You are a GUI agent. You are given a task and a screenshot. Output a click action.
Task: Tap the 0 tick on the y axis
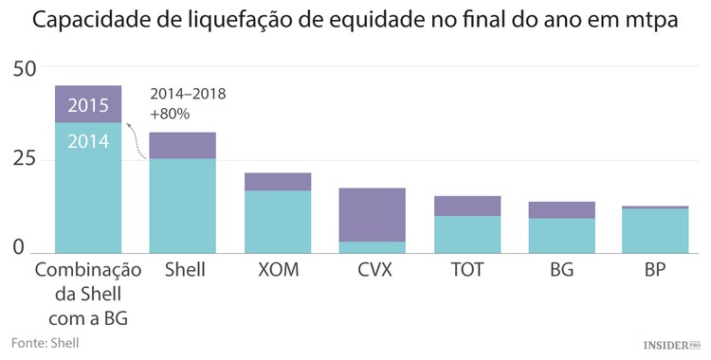tap(18, 247)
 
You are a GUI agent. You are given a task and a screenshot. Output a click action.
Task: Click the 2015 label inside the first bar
tap(88, 105)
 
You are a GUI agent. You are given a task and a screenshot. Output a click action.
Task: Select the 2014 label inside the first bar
tap(88, 142)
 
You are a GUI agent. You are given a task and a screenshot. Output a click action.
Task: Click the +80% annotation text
tap(171, 114)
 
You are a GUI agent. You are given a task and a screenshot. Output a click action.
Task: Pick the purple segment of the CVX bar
tap(372, 214)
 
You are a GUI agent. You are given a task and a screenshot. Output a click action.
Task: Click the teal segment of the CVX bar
tap(372, 248)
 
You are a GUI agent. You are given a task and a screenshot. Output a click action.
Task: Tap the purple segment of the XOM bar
tap(277, 182)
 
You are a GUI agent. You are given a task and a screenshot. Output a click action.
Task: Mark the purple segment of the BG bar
tap(561, 210)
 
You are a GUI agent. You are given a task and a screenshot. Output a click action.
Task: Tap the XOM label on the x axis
tap(277, 270)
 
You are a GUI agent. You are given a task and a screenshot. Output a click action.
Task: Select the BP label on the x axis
tap(656, 270)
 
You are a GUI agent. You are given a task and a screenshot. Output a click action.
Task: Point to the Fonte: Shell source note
tap(46, 342)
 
